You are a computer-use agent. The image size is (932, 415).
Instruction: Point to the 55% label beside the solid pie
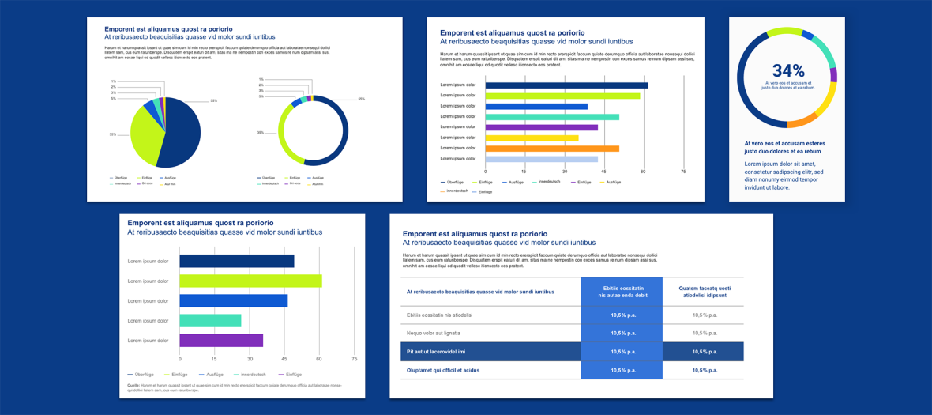[x=213, y=101]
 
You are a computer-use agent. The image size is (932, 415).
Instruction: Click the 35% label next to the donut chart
[x=261, y=133]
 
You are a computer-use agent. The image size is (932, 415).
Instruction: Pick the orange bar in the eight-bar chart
[x=551, y=148]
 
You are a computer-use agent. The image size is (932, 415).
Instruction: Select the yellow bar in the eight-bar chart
[x=532, y=138]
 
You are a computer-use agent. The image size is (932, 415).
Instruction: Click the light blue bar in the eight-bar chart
[x=541, y=159]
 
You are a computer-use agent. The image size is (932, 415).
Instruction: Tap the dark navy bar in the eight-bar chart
[x=566, y=85]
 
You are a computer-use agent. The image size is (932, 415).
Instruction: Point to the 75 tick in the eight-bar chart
[x=683, y=172]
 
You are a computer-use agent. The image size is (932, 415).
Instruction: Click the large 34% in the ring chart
[x=787, y=71]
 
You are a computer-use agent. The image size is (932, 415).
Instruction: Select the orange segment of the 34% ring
[x=802, y=121]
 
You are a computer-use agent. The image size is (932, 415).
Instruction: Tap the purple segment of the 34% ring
[x=833, y=75]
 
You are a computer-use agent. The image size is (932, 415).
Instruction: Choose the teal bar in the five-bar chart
[x=210, y=321]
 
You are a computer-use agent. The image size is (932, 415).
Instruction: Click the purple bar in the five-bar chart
[x=221, y=341]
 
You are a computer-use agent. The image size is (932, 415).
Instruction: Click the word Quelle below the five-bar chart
[x=133, y=385]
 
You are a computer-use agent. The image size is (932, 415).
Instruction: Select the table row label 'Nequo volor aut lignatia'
[x=434, y=334]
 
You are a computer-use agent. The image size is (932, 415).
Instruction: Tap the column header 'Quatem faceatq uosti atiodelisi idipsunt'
[x=705, y=292]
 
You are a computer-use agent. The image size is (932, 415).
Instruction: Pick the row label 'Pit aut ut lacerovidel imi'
[x=436, y=352]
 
